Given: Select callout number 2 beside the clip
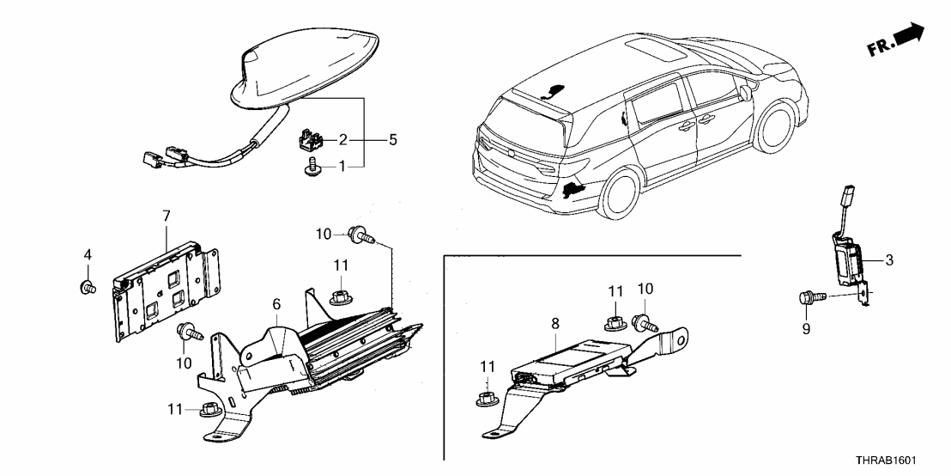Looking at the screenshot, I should click(342, 138).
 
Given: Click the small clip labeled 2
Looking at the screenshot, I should click(310, 137).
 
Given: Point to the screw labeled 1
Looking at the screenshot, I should click(313, 170).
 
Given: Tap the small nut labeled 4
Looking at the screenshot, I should click(86, 286).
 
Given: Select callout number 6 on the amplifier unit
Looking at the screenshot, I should click(276, 304).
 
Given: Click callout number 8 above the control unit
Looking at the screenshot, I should click(555, 325).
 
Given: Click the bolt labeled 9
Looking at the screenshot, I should click(813, 296).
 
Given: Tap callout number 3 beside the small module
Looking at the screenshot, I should click(889, 260).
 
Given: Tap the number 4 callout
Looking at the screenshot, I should click(87, 254).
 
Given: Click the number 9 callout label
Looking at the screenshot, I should click(807, 327).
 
